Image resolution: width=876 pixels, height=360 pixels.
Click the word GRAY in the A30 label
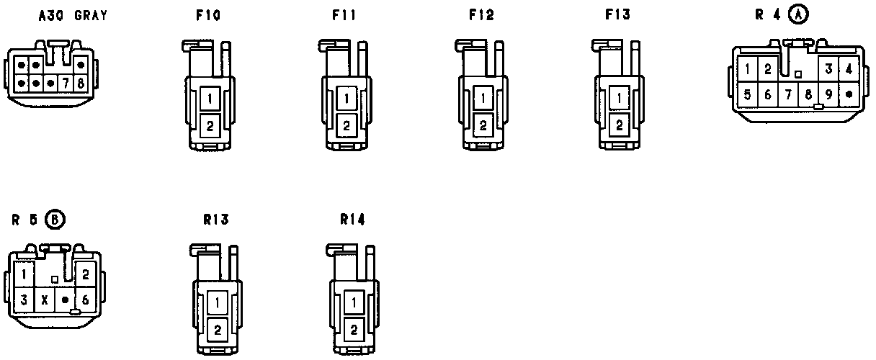[91, 16]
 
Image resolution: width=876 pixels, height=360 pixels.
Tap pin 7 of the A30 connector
[66, 84]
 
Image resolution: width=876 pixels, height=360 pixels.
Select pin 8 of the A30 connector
[80, 84]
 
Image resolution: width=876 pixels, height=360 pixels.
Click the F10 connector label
[208, 15]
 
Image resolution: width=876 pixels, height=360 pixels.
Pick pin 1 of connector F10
[210, 99]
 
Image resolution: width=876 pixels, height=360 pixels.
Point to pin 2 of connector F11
[347, 126]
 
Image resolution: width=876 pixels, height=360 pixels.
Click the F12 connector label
[481, 15]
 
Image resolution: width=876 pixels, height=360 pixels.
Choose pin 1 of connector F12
[483, 98]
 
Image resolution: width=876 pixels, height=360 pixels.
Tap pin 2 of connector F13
[619, 125]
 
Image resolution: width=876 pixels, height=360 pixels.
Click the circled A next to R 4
[798, 15]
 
